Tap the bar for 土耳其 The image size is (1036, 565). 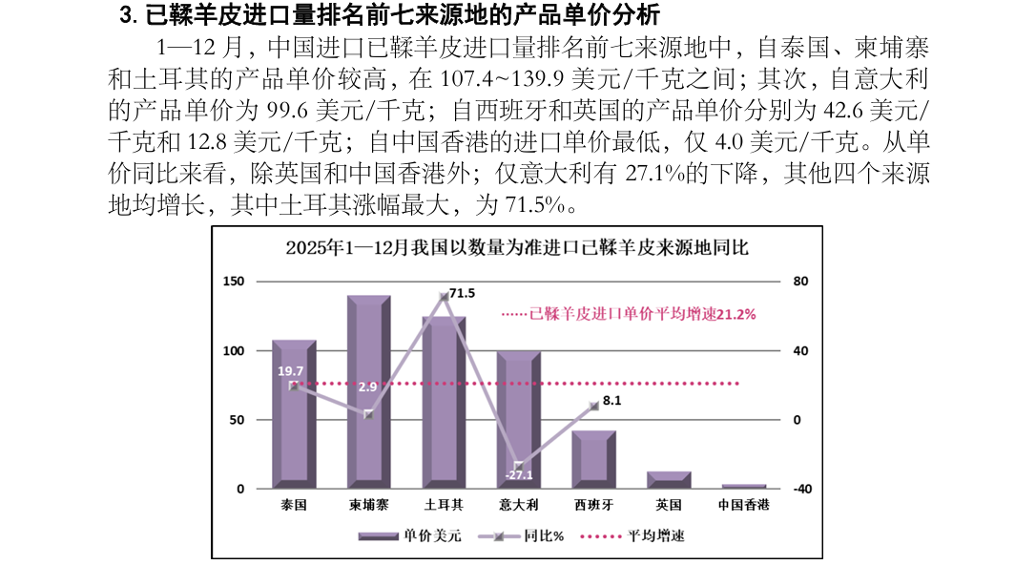point(444,410)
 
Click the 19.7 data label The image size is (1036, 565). point(290,370)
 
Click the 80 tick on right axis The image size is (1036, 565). point(800,282)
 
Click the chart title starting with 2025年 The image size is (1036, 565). point(517,247)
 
